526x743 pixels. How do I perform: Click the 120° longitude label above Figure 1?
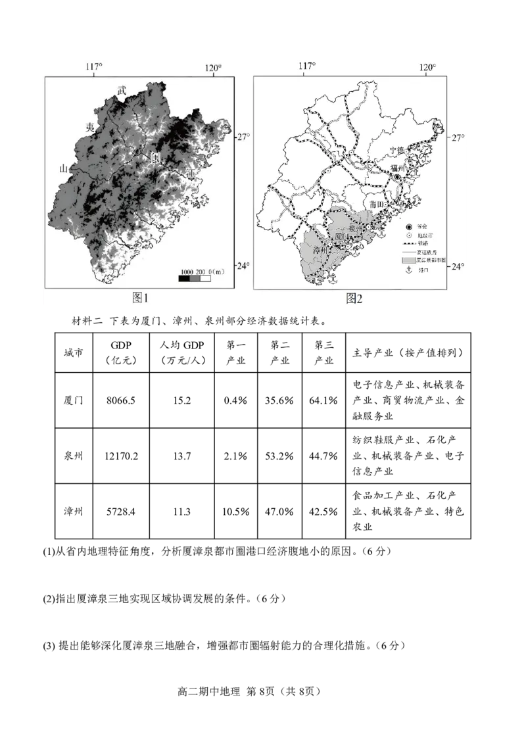pos(213,67)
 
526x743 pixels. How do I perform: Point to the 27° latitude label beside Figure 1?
pos(243,137)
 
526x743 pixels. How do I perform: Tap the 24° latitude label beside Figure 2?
pos(458,266)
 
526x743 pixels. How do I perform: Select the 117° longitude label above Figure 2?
pos(307,67)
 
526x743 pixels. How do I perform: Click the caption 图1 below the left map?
pos(141,298)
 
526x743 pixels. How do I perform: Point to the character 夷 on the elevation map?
pos(90,126)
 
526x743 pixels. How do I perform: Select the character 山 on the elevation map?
pos(64,169)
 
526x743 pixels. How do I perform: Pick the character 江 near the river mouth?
pos(191,172)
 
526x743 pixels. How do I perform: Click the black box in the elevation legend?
pos(184,279)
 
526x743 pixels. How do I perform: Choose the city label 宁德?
pos(396,151)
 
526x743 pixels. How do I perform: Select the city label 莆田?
pos(377,205)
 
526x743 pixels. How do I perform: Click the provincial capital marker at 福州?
pos(398,178)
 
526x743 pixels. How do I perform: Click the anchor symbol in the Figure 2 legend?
pos(408,270)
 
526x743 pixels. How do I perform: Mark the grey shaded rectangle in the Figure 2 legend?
pos(408,260)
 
